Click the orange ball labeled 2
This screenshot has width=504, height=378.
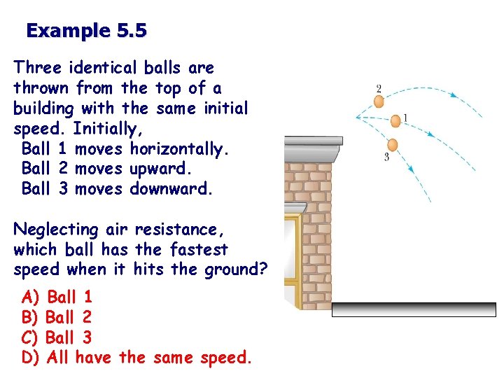(x=379, y=101)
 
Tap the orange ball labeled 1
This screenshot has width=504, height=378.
(x=395, y=121)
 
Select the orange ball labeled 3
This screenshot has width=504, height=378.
(x=392, y=145)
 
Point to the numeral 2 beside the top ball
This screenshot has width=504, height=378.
(x=379, y=89)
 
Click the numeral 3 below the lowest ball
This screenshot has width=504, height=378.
(x=386, y=157)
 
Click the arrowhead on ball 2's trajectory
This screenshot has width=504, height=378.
(x=453, y=95)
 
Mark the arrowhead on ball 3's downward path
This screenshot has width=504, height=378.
(x=411, y=168)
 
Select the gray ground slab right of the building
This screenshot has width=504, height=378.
(x=414, y=310)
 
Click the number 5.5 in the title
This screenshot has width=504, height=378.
(x=129, y=31)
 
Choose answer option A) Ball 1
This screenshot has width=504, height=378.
(x=57, y=297)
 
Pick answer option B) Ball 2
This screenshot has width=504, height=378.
(x=57, y=318)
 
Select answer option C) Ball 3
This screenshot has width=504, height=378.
(x=57, y=338)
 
